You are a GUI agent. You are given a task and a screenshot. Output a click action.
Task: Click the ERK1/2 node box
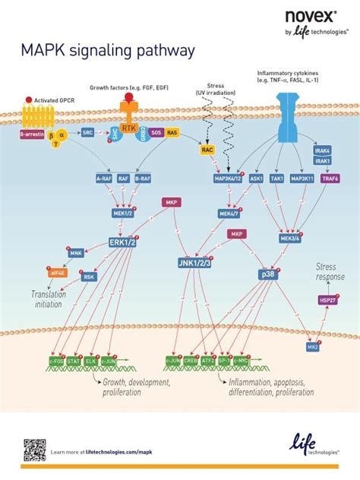pyautogui.click(x=122, y=242)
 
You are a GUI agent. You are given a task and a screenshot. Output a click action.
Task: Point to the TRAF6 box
pyautogui.click(x=331, y=178)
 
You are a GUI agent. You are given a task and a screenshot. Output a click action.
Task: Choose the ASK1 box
pyautogui.click(x=256, y=178)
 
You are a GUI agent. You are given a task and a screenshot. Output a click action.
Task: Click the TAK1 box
pyautogui.click(x=279, y=178)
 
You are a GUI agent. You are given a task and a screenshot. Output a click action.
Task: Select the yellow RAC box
pyautogui.click(x=207, y=150)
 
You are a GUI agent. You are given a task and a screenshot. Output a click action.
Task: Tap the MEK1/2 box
pyautogui.click(x=122, y=213)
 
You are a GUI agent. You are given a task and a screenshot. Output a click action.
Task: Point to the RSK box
pyautogui.click(x=89, y=277)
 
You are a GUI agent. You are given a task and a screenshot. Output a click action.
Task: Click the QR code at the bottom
pyautogui.click(x=34, y=450)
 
